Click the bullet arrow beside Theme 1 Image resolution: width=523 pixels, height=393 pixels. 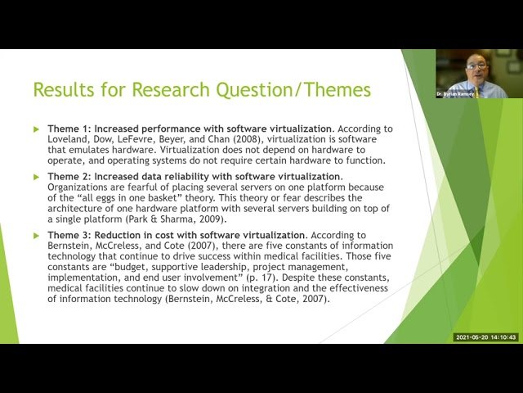36,129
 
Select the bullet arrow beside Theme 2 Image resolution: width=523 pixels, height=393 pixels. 36,177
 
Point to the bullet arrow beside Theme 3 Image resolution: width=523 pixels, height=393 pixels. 36,235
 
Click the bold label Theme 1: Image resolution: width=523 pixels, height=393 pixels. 74,129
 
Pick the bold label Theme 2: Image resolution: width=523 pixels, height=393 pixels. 74,176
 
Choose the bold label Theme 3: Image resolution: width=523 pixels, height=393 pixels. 74,235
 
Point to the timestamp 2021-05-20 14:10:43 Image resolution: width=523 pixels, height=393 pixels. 486,337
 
